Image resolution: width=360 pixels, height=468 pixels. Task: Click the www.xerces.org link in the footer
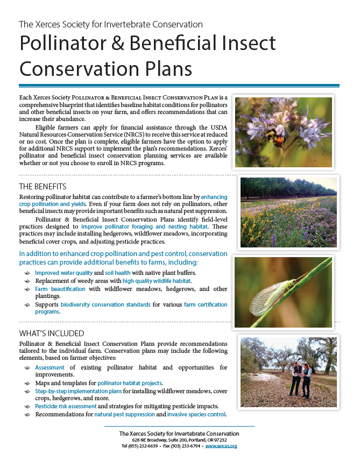coord(221,446)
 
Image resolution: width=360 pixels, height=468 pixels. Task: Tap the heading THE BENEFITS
coord(43,187)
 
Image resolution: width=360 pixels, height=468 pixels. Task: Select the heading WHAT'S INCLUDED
coord(52,333)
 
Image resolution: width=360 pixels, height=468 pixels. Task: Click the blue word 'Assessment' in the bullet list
coord(50,367)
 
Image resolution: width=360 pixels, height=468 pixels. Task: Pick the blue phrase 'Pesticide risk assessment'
coord(66,406)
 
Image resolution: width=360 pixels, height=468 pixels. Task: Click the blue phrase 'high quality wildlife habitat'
coord(157,281)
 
